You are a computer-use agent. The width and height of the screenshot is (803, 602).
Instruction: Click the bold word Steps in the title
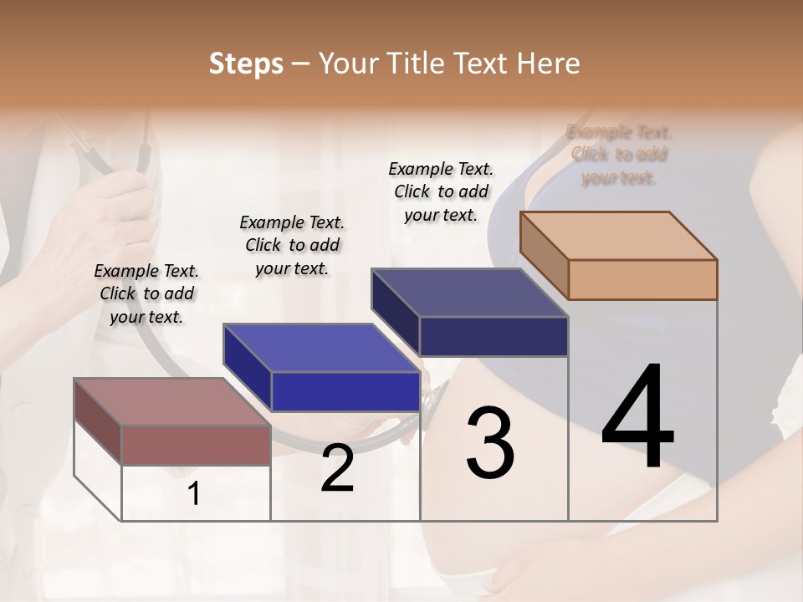[246, 64]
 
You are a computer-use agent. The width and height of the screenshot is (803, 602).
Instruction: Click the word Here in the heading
[549, 64]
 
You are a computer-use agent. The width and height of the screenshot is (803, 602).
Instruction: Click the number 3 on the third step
[490, 443]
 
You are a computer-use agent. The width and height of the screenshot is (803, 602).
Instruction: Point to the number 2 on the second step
[337, 469]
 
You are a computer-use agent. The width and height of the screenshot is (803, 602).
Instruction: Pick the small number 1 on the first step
[194, 494]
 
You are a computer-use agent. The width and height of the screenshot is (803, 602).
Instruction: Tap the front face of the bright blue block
[345, 391]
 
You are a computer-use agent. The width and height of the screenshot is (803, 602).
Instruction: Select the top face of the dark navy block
[468, 293]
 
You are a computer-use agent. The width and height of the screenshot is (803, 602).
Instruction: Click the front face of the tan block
[642, 279]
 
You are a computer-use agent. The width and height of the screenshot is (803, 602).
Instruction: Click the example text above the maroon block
[146, 293]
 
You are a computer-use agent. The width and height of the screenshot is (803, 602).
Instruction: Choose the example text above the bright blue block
[292, 245]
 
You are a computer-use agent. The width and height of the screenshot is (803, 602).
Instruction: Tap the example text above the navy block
[441, 191]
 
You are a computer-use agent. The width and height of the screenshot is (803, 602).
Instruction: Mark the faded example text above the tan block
[619, 155]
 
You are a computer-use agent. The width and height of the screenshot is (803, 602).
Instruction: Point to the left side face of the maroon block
[98, 421]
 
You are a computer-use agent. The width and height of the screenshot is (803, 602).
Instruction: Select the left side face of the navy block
[396, 311]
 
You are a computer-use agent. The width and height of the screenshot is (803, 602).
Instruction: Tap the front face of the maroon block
[196, 445]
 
